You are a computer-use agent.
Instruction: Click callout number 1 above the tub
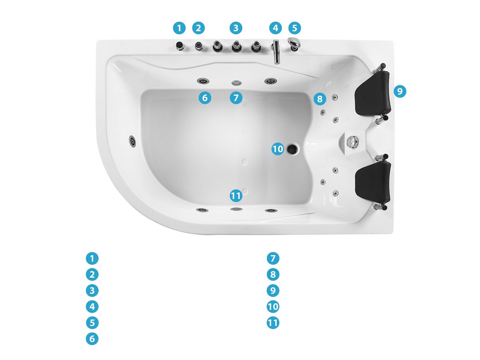pyautogui.click(x=179, y=28)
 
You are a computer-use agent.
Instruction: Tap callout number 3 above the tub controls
pyautogui.click(x=236, y=28)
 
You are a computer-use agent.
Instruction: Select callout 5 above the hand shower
pyautogui.click(x=294, y=28)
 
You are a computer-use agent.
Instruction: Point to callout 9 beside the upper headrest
pyautogui.click(x=400, y=91)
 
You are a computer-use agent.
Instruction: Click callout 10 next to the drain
pyautogui.click(x=278, y=149)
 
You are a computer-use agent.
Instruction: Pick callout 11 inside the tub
pyautogui.click(x=236, y=196)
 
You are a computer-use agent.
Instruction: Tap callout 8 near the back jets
pyautogui.click(x=320, y=99)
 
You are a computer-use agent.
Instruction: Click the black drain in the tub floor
pyautogui.click(x=292, y=149)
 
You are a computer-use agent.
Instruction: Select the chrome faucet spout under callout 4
pyautogui.click(x=276, y=52)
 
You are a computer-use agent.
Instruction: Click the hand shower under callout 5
pyautogui.click(x=294, y=44)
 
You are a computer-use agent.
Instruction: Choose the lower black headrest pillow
pyautogui.click(x=373, y=182)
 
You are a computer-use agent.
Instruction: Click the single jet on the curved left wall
pyautogui.click(x=132, y=140)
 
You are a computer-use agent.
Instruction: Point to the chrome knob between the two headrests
pyautogui.click(x=352, y=142)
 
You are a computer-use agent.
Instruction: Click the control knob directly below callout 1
pyautogui.click(x=180, y=46)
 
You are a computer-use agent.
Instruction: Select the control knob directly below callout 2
pyautogui.click(x=199, y=46)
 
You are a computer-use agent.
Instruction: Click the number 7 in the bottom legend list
pyautogui.click(x=273, y=258)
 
